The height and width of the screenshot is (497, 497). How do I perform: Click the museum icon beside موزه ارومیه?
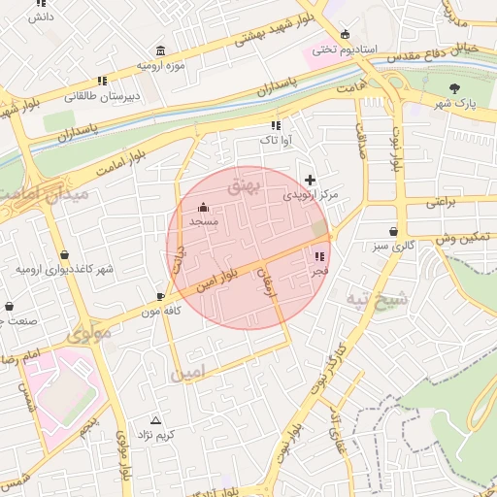(159, 51)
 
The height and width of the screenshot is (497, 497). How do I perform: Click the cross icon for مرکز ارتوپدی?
(310, 180)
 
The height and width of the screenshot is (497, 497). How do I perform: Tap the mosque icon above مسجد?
(203, 207)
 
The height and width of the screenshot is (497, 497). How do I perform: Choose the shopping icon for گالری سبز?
(393, 232)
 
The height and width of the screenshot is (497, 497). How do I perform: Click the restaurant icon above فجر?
(319, 256)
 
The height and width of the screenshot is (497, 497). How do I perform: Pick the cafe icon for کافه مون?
(161, 296)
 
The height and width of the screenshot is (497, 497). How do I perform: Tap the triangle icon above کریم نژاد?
(156, 419)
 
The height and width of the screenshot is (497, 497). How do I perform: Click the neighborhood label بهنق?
(246, 185)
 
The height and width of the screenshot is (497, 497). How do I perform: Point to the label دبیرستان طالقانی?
(91, 96)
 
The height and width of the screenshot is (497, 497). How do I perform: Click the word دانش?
(40, 17)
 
